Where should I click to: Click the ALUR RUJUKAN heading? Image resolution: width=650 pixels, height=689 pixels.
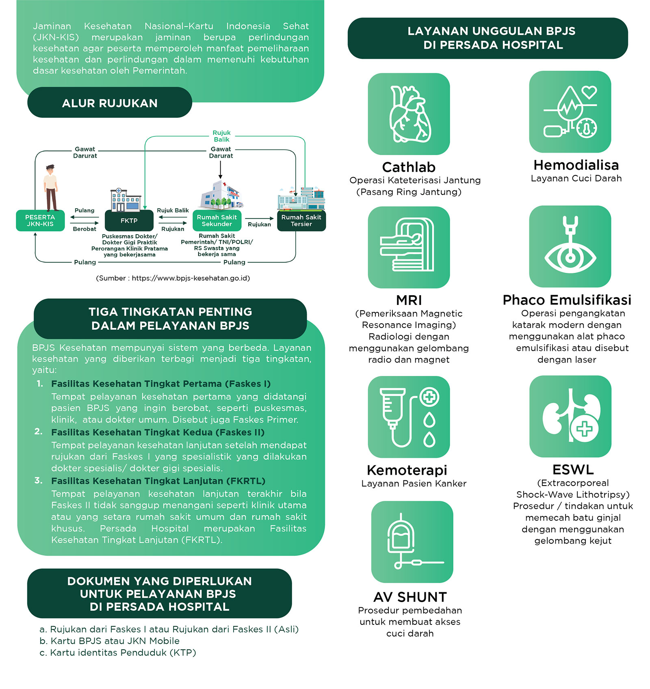tap(110, 103)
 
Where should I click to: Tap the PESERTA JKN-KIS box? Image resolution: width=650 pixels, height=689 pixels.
tap(40, 220)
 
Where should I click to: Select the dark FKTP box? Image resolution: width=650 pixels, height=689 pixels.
tap(129, 220)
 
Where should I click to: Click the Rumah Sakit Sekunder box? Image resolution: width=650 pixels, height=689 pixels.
tap(217, 220)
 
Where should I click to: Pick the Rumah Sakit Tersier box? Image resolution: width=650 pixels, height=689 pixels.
tap(301, 220)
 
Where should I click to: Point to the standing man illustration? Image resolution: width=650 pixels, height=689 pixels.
tap(51, 188)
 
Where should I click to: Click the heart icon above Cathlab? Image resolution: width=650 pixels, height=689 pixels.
tap(409, 114)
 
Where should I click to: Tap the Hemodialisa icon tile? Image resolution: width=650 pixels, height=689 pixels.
tap(570, 112)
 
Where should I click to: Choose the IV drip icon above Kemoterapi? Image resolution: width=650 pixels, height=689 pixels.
tap(409, 417)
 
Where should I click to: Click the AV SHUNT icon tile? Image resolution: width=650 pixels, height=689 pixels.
tap(412, 542)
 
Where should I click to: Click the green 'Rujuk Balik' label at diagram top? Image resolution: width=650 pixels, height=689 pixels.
tap(222, 136)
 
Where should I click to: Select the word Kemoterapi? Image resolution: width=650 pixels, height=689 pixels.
tap(407, 470)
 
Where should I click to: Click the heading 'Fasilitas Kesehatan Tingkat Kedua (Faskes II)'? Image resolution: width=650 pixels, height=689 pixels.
tap(158, 432)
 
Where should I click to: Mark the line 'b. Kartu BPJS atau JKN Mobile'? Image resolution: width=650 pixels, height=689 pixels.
tap(110, 641)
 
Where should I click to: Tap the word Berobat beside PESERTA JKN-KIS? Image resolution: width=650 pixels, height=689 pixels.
tap(84, 229)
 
